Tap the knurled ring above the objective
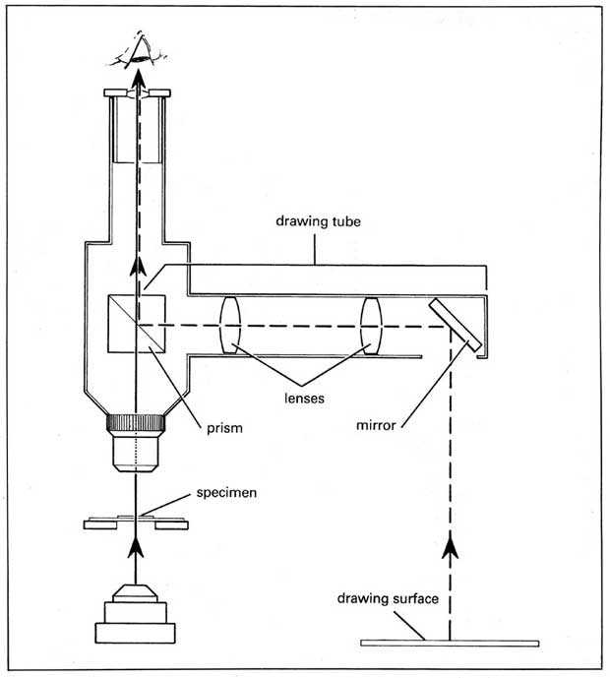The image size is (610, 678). pos(134,427)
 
